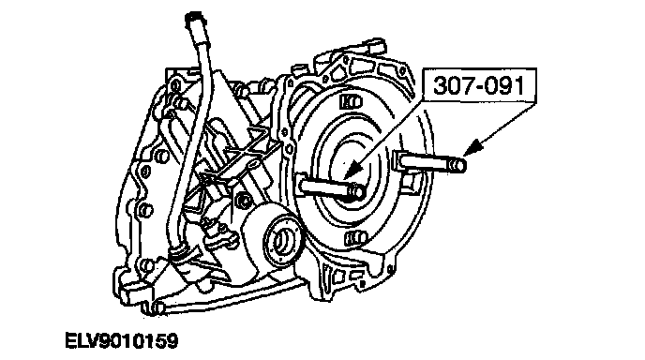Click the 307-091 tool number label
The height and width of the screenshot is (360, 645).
479,85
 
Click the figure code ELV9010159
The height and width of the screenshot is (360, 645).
122,341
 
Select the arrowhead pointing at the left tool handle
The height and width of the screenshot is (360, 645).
352,170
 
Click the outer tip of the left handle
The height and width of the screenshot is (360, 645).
359,192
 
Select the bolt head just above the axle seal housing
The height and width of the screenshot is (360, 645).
245,200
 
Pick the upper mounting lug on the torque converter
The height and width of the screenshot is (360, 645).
352,101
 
